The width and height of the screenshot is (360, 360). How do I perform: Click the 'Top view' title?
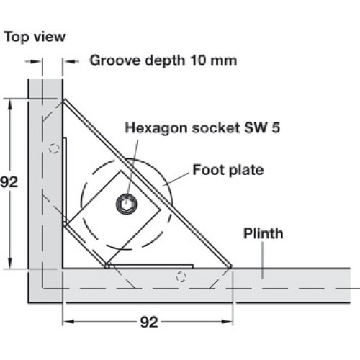click(x=35, y=37)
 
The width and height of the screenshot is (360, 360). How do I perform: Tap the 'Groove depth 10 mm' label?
click(x=163, y=60)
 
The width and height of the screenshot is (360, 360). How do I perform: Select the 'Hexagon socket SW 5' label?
click(x=202, y=127)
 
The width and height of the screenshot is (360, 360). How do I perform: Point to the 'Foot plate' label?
click(x=228, y=170)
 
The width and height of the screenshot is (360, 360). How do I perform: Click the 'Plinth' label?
click(x=264, y=233)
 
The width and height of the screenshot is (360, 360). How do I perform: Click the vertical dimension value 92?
click(x=9, y=182)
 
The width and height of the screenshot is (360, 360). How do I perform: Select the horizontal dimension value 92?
click(x=149, y=322)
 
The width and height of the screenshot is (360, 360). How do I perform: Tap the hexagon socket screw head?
click(x=127, y=204)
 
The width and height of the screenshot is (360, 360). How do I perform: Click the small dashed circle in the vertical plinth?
click(x=54, y=148)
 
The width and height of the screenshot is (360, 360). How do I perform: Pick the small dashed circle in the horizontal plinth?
click(x=181, y=276)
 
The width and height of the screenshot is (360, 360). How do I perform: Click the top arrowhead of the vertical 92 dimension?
click(x=10, y=105)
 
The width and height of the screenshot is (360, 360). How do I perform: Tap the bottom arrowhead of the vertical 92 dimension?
click(x=10, y=262)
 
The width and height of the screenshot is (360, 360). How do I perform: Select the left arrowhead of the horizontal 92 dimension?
click(x=68, y=322)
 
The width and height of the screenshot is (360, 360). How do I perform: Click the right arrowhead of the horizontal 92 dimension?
click(x=227, y=322)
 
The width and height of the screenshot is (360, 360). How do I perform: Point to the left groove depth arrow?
click(x=34, y=61)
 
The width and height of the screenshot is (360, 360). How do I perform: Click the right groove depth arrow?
click(x=71, y=61)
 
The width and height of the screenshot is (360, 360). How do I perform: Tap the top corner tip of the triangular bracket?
click(x=63, y=100)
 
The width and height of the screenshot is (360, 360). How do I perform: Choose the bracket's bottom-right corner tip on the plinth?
click(x=231, y=267)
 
